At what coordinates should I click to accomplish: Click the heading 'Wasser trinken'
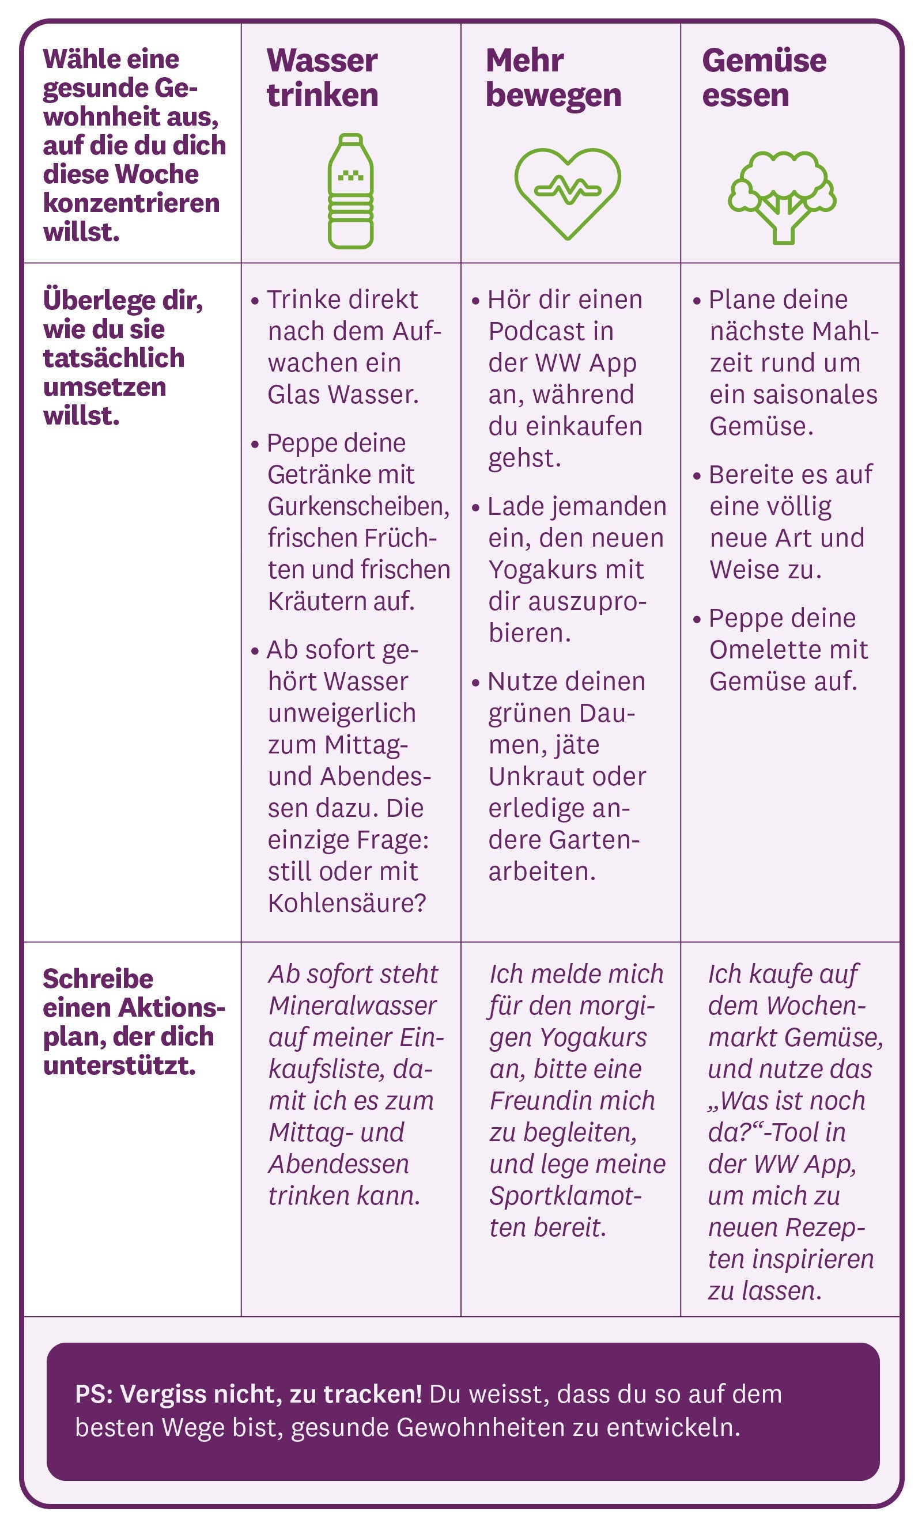point(323,77)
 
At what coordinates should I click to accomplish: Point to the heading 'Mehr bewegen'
point(553,77)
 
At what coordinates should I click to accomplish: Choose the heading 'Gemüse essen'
point(764,77)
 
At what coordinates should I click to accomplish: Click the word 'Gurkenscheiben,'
point(358,506)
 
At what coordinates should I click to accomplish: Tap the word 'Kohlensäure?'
point(347,903)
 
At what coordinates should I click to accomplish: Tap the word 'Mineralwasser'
point(353,1006)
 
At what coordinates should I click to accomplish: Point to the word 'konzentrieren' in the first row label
point(131,203)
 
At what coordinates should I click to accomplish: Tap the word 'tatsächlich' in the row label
point(114,358)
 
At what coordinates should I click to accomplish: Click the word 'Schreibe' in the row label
point(98,979)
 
